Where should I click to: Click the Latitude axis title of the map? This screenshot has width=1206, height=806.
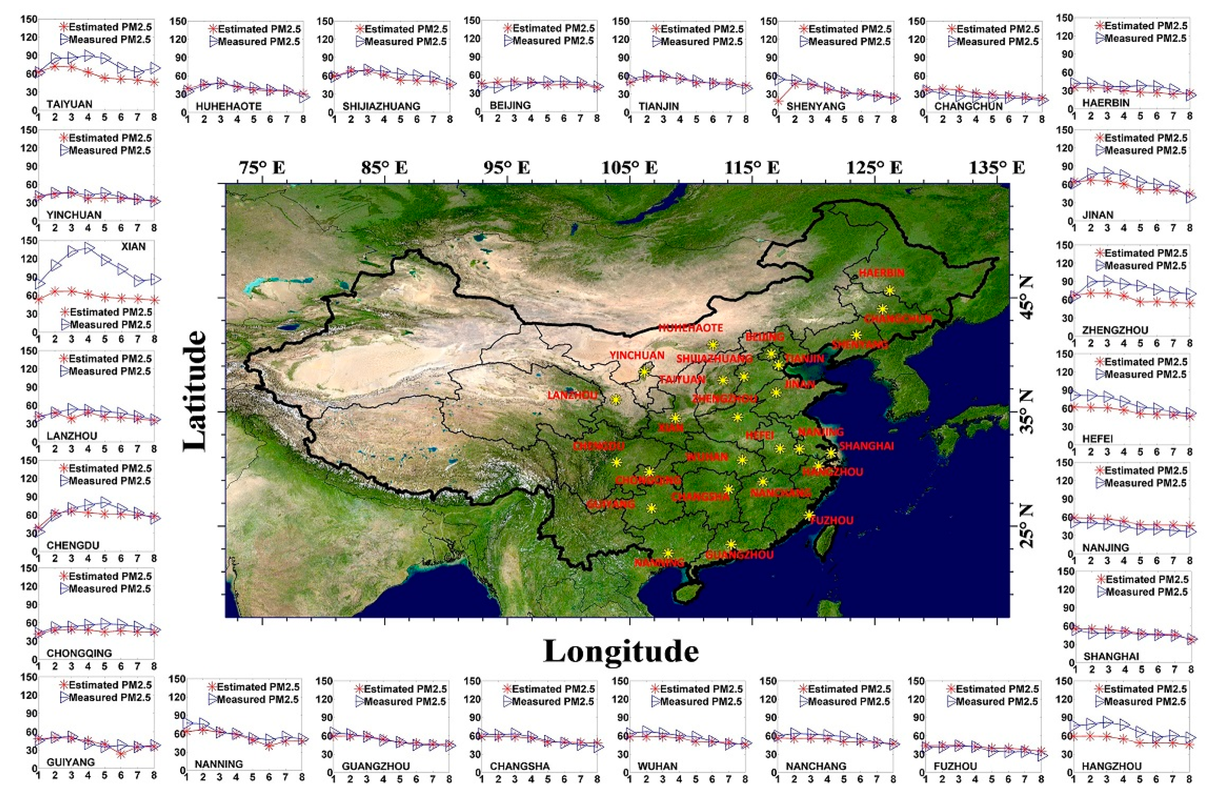click(195, 391)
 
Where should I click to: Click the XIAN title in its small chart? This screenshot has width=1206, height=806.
click(133, 247)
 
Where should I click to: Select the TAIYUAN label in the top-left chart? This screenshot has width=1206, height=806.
click(69, 104)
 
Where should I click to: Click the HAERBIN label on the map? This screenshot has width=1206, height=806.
click(881, 273)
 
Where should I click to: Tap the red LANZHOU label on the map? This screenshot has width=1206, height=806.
click(572, 395)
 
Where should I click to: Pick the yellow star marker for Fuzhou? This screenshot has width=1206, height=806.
click(809, 515)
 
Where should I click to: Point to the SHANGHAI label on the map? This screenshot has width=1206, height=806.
click(867, 446)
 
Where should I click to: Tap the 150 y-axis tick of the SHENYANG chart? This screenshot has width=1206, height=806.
click(768, 21)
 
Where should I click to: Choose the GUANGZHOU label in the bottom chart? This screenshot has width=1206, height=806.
click(376, 766)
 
